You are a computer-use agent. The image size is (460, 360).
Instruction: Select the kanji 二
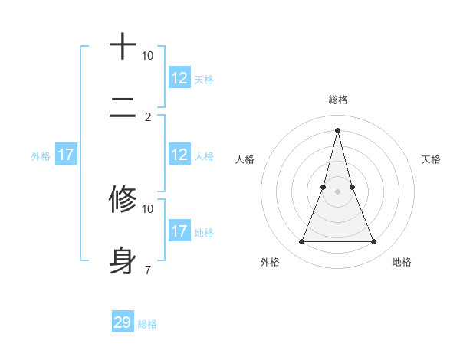click(x=123, y=110)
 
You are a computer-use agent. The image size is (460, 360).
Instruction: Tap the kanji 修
click(x=123, y=199)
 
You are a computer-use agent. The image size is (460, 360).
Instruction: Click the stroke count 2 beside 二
click(x=148, y=117)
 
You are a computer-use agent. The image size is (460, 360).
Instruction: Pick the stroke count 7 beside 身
click(x=148, y=270)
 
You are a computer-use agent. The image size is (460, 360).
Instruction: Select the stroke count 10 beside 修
click(x=148, y=208)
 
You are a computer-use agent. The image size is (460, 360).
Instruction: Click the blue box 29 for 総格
click(x=123, y=322)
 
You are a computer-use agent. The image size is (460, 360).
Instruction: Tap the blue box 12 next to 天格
click(x=179, y=78)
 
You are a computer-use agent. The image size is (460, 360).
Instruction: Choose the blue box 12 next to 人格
click(x=179, y=155)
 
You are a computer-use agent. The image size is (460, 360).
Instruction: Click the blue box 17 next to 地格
click(x=179, y=231)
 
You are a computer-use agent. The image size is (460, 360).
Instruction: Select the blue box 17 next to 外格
click(x=66, y=155)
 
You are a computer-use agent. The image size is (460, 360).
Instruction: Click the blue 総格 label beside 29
click(x=147, y=324)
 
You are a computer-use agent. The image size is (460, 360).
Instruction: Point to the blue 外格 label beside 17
click(x=41, y=155)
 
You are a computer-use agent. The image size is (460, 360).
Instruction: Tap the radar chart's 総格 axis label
click(x=337, y=100)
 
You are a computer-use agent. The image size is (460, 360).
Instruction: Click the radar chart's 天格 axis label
click(x=431, y=159)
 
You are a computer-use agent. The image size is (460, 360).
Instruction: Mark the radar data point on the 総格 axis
click(x=337, y=129)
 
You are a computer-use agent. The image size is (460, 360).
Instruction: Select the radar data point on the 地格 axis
click(x=374, y=242)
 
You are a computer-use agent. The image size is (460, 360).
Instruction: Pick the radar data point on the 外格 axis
click(x=301, y=242)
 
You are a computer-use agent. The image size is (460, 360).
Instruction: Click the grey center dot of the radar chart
click(x=337, y=191)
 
